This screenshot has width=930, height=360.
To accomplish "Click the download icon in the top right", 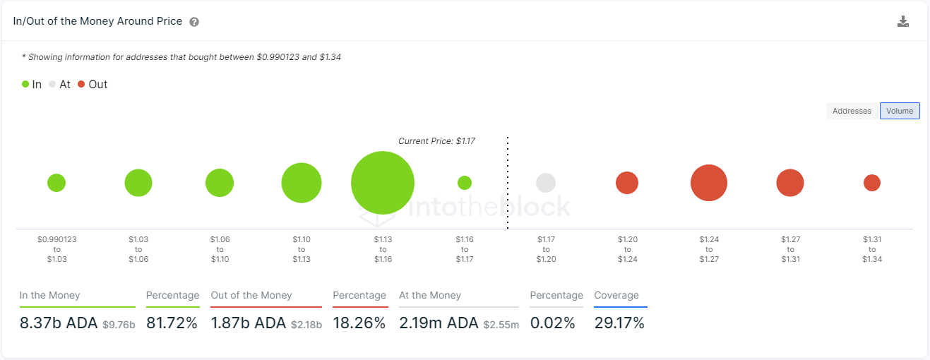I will pos(902,21).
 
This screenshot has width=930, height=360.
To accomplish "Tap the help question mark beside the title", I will pos(194,22).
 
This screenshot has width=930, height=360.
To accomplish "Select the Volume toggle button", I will pos(900,111).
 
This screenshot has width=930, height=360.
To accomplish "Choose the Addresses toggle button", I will pos(852,111).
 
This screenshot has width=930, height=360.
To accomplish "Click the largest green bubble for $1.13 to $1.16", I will pos(383,183).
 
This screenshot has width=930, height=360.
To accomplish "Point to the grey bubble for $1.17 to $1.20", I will pos(546,183).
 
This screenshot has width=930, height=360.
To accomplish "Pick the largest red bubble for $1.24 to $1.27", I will pos(709,183).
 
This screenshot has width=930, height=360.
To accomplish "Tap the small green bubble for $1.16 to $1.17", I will pos(465,183).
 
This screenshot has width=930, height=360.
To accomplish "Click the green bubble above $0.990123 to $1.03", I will pos(56,183).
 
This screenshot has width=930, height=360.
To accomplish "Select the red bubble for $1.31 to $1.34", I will pos(872,183).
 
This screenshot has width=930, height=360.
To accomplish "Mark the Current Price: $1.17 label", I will pos(436,141).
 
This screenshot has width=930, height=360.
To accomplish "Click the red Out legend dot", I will pos(81,84).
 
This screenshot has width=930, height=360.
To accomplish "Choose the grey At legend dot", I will pos(52,84).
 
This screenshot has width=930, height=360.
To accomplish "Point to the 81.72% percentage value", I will pos(172,323).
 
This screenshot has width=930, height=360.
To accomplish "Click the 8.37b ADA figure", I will pos(59,323).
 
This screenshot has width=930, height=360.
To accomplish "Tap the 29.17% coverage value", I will pos(619,323).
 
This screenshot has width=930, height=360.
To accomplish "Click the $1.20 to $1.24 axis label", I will pos(627,249).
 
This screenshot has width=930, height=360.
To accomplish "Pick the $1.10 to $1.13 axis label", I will pos(302,249).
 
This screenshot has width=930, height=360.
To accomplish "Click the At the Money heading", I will pos(430,295).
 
